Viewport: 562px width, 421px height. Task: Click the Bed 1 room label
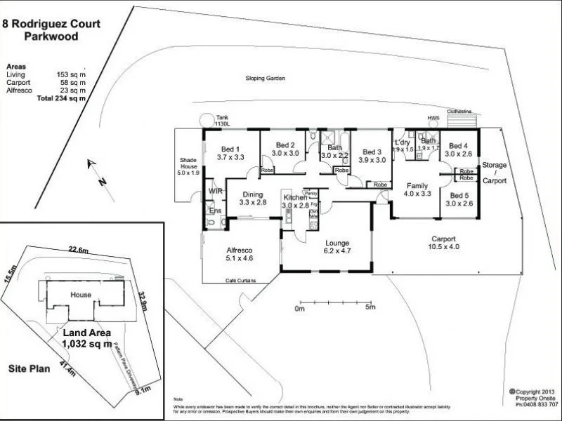(231, 153)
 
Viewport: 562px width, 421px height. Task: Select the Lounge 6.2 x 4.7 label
(336, 246)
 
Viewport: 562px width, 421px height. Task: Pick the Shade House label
(188, 166)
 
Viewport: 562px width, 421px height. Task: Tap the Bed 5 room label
(459, 199)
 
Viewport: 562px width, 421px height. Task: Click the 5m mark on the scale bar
(370, 308)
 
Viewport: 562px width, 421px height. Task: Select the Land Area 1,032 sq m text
(86, 338)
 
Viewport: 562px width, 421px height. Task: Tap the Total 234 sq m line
(61, 98)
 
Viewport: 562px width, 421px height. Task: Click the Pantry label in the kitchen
(311, 192)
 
